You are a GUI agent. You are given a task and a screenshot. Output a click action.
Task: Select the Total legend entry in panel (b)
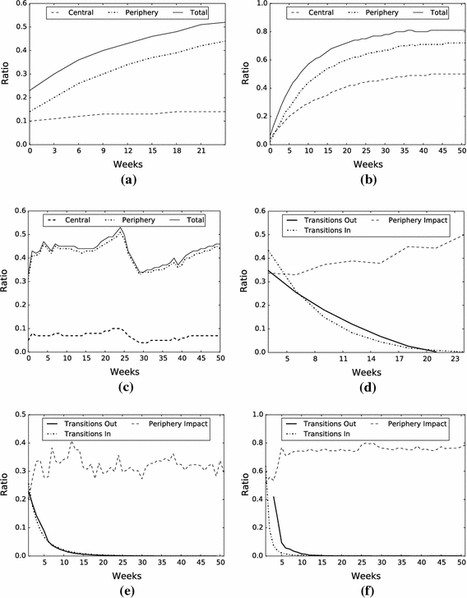[438, 14]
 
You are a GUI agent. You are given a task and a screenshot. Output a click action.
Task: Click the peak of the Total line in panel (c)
[122, 227]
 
